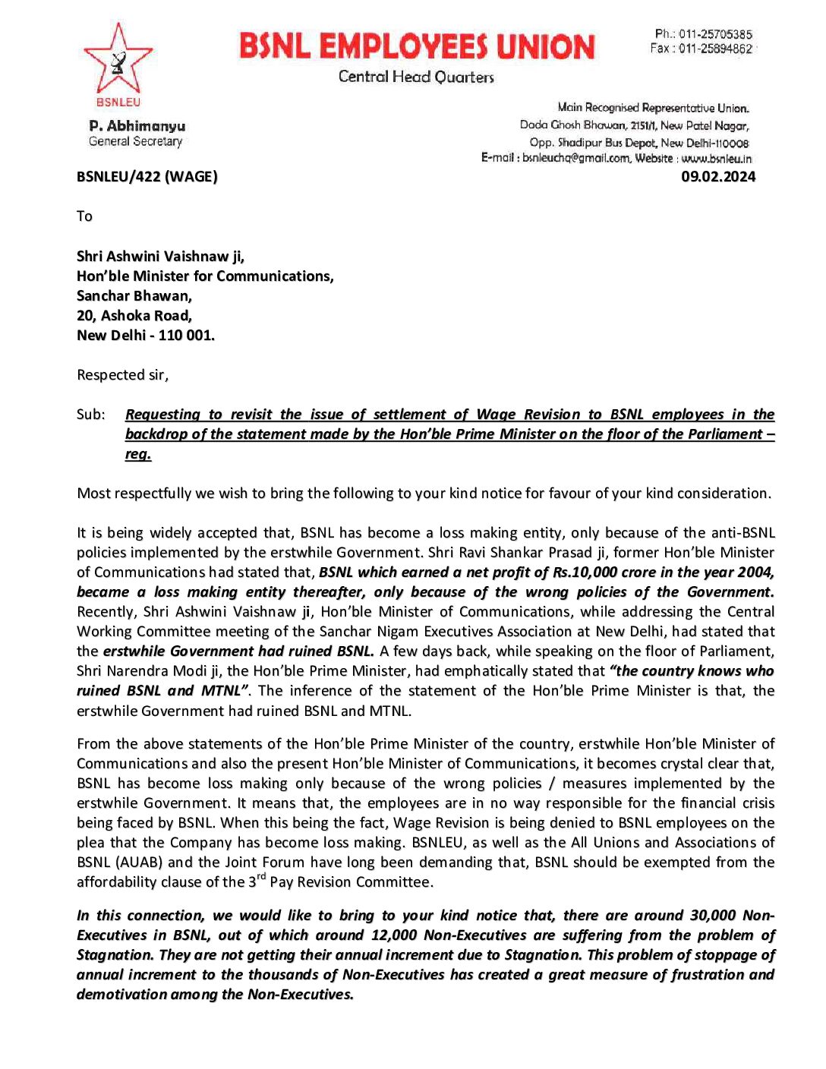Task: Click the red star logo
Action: [x=118, y=60]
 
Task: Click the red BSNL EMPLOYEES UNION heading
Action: [x=417, y=46]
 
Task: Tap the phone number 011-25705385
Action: [x=715, y=34]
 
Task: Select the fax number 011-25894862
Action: [x=715, y=49]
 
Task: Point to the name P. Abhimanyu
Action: [x=137, y=126]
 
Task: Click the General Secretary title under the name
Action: [x=135, y=141]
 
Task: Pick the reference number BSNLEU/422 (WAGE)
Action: [x=147, y=177]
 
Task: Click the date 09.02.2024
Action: [x=717, y=177]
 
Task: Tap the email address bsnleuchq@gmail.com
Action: [x=576, y=158]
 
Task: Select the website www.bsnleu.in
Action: [x=716, y=158]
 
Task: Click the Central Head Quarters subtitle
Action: [x=416, y=77]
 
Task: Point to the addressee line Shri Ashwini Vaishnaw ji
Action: [x=160, y=257]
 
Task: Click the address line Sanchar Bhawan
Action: [x=134, y=296]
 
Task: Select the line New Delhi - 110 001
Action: [x=145, y=336]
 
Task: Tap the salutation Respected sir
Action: [x=122, y=375]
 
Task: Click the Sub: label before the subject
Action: [x=90, y=415]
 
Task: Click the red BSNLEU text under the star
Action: [x=118, y=102]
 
